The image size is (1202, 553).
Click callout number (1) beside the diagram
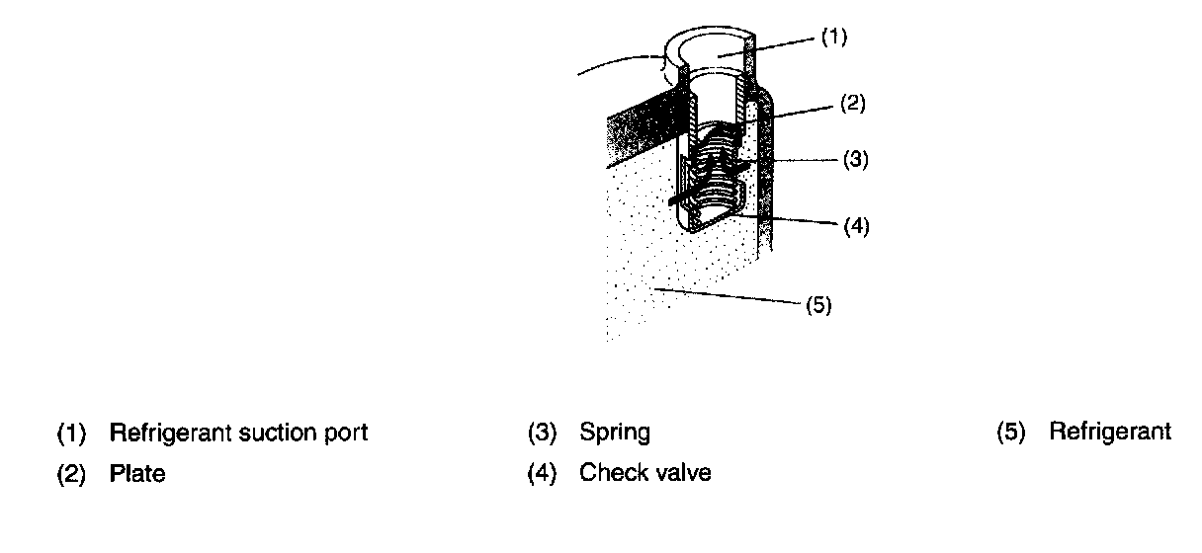(x=834, y=38)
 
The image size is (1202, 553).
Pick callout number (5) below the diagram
(x=817, y=304)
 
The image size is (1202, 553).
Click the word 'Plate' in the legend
(x=137, y=473)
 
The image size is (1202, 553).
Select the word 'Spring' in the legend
(x=615, y=433)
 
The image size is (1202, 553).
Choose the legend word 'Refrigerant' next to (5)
(x=1110, y=432)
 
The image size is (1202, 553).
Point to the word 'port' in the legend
(x=349, y=434)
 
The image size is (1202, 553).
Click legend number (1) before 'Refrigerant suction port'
(x=71, y=433)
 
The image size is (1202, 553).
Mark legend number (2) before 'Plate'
(x=71, y=473)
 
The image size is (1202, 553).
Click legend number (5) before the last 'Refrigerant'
(x=1011, y=432)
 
